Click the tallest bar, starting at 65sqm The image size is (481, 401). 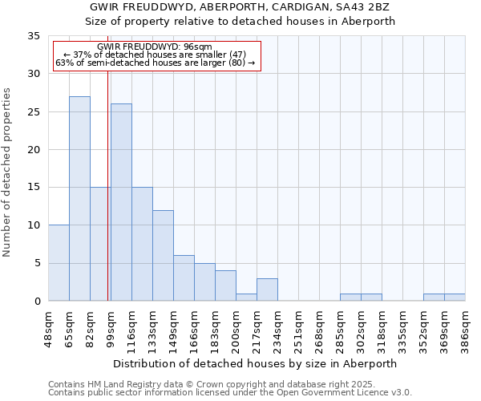point(79,199)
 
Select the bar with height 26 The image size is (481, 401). point(121,202)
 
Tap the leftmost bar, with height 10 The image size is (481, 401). point(59,263)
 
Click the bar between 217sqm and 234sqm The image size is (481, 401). point(267,290)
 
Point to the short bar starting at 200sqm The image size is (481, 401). point(246,297)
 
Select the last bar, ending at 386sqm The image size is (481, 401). point(455,297)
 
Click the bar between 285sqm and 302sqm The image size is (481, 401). point(350,297)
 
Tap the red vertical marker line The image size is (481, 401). point(107,200)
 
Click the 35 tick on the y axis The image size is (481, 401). point(34,36)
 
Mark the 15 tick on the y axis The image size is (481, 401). point(34,188)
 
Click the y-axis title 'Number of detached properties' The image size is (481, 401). point(8,172)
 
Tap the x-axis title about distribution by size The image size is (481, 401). point(255,363)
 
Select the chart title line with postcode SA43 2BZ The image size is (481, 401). point(240,7)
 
